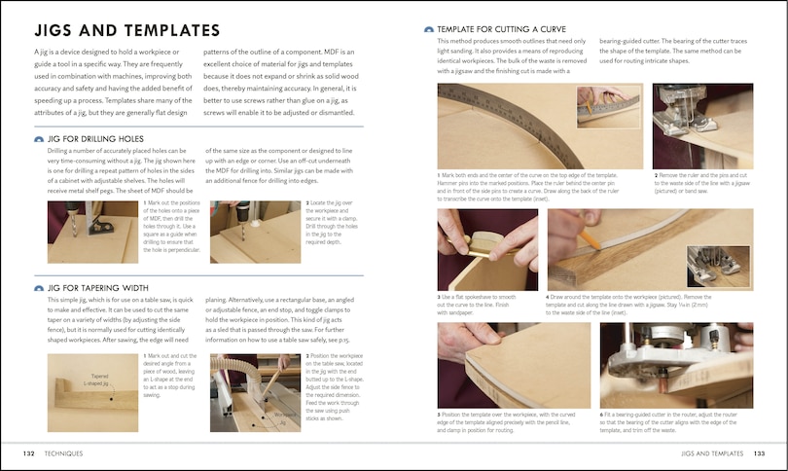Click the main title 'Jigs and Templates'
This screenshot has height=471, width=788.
pyautogui.click(x=126, y=31)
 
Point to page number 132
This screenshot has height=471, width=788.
pyautogui.click(x=30, y=453)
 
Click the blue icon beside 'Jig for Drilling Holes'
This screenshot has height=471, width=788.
pyautogui.click(x=39, y=139)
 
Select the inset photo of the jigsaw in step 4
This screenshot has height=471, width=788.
pyautogui.click(x=718, y=264)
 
